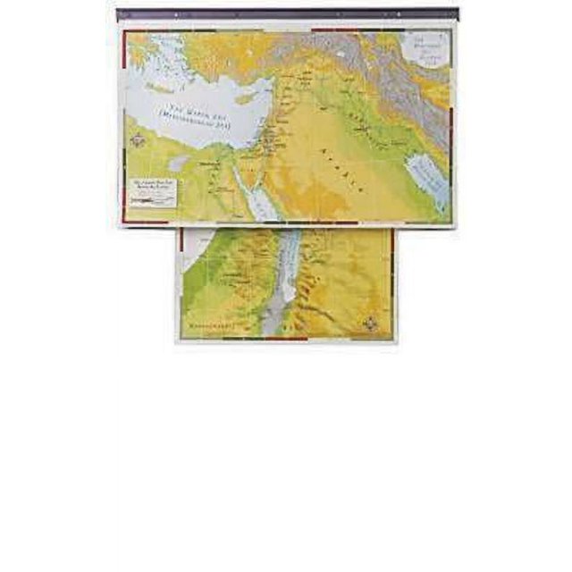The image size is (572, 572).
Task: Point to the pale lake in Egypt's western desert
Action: pyautogui.click(x=180, y=164)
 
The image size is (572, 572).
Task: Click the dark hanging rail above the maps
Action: pyautogui.click(x=286, y=14)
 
